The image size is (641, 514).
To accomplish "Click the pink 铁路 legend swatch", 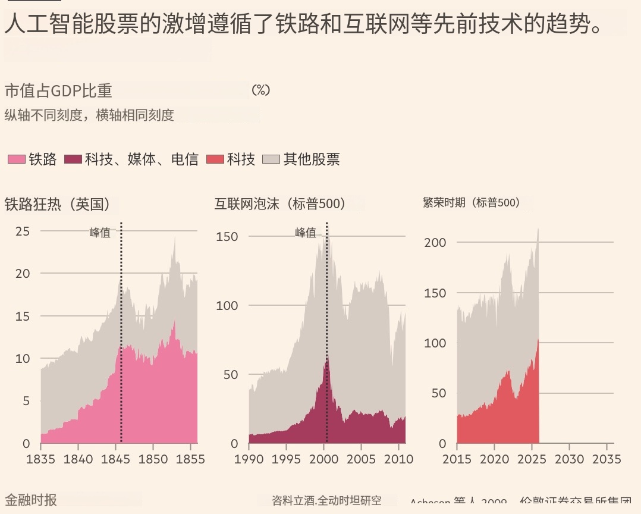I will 16,159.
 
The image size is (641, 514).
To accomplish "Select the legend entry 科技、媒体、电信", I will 141,159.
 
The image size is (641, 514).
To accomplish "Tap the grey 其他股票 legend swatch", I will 271,159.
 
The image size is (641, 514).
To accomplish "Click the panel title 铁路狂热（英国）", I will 57,204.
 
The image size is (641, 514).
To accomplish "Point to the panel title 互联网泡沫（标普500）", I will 280,204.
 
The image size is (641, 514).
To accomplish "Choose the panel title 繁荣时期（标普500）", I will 472,203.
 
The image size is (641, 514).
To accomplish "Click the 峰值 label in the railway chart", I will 100,233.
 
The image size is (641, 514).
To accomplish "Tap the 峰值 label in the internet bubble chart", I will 306,233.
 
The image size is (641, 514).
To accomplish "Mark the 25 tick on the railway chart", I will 23,231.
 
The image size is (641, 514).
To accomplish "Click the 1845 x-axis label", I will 115,459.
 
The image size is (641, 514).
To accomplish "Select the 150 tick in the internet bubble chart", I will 226,236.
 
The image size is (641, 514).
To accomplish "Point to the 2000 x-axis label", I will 324,459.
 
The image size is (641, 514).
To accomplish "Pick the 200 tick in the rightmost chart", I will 435,243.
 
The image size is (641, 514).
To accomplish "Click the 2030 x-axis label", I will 569,459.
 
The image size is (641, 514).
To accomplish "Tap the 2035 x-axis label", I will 606,459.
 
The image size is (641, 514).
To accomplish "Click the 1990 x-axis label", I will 249,459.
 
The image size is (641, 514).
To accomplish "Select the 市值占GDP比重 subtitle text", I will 58,90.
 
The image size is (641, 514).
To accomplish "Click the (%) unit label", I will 260,90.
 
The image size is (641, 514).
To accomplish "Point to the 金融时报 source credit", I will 31,500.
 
